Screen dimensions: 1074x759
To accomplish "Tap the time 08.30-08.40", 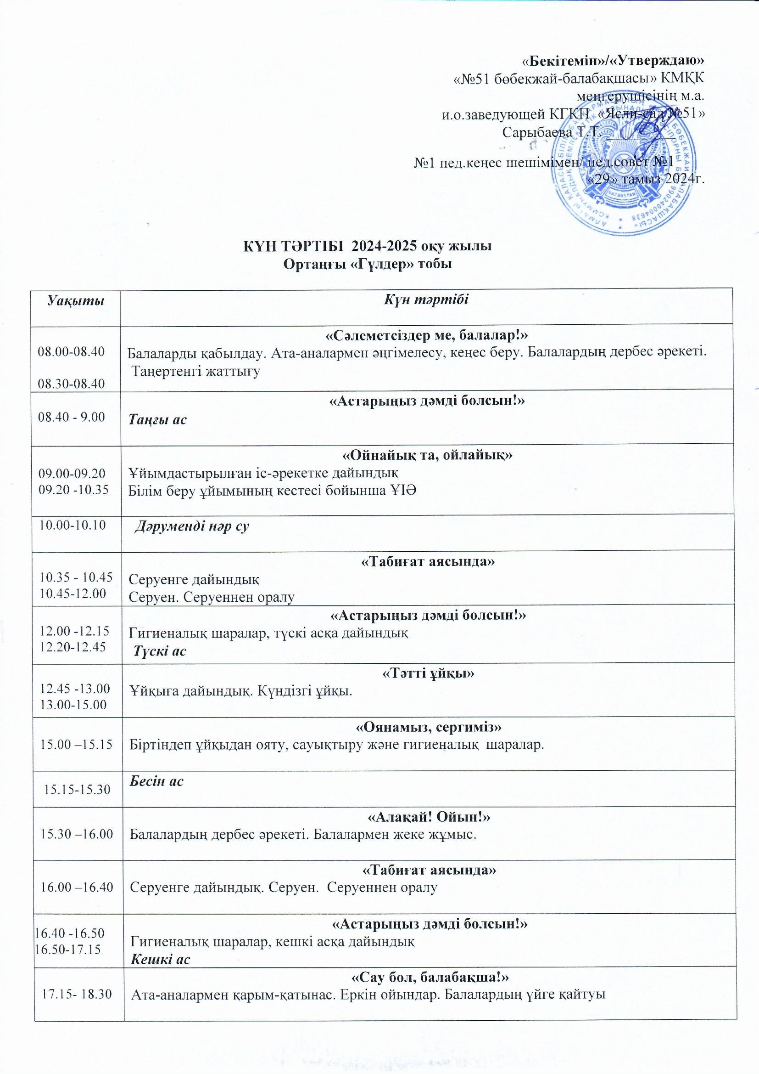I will [72, 384].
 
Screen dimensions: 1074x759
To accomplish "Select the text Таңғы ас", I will [158, 419].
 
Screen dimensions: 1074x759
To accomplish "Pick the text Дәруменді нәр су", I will [192, 527].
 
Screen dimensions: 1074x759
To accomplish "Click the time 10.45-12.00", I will [73, 594].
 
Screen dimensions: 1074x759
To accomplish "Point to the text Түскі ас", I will [160, 650].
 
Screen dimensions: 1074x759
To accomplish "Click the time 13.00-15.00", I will [74, 705].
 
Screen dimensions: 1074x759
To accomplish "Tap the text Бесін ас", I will [156, 781].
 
